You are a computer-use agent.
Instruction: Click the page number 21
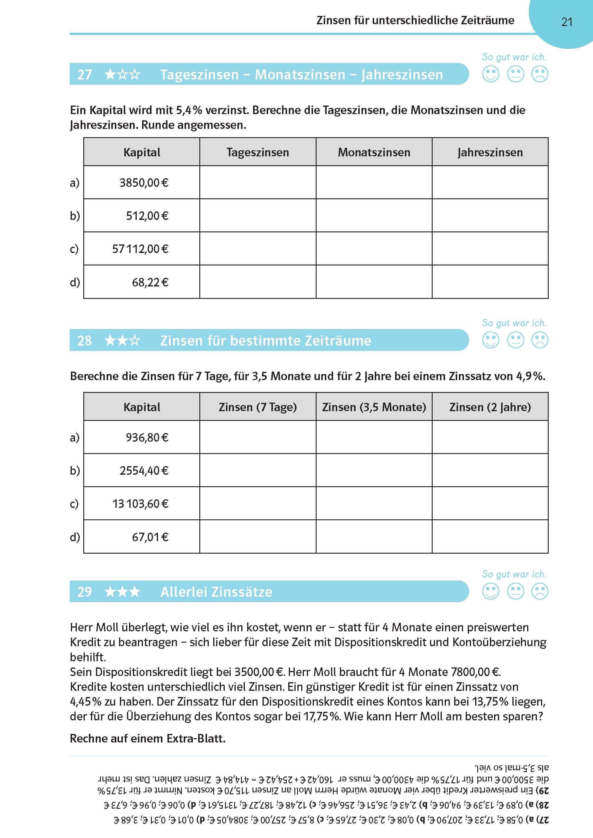[566, 22]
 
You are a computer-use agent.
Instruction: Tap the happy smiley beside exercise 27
[491, 74]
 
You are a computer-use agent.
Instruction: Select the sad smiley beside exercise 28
[540, 340]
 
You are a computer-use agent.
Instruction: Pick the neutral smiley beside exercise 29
[516, 591]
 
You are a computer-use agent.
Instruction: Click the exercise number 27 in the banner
[84, 74]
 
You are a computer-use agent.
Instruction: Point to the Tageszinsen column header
[258, 152]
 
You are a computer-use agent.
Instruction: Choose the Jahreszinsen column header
[490, 152]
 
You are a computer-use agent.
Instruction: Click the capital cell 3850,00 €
[144, 182]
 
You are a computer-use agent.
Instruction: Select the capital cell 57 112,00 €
[140, 249]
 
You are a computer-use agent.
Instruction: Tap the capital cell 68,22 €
[150, 282]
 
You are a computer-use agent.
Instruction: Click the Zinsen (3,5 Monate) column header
[374, 407]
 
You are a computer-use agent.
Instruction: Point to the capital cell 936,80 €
[147, 437]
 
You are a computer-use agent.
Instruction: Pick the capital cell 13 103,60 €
[140, 504]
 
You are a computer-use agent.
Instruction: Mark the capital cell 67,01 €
[150, 537]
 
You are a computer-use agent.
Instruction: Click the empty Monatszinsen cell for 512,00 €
[374, 215]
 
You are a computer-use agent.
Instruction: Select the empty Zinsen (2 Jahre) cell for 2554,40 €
[490, 470]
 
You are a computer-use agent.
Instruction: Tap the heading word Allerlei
[184, 592]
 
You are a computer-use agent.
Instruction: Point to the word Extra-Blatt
[196, 738]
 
